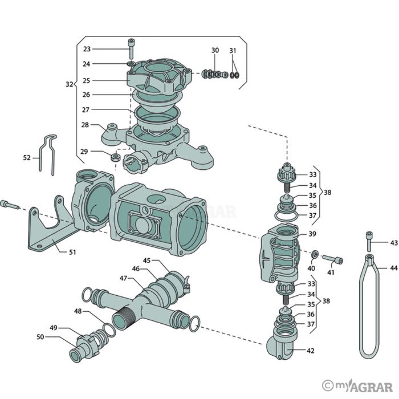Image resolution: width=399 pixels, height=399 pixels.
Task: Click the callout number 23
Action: [87, 49]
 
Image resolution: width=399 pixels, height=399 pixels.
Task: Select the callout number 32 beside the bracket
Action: [69, 84]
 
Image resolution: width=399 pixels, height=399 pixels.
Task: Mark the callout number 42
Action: [310, 351]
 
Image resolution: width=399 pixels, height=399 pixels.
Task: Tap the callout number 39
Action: [312, 234]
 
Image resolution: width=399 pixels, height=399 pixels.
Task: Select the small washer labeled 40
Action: [314, 253]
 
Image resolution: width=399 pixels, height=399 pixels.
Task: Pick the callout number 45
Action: [146, 260]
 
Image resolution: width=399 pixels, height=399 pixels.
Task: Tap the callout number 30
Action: [215, 51]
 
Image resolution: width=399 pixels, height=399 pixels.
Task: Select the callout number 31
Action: [233, 51]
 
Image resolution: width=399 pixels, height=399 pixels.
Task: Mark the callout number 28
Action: [85, 124]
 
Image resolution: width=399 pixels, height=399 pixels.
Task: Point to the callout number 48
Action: [78, 311]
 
